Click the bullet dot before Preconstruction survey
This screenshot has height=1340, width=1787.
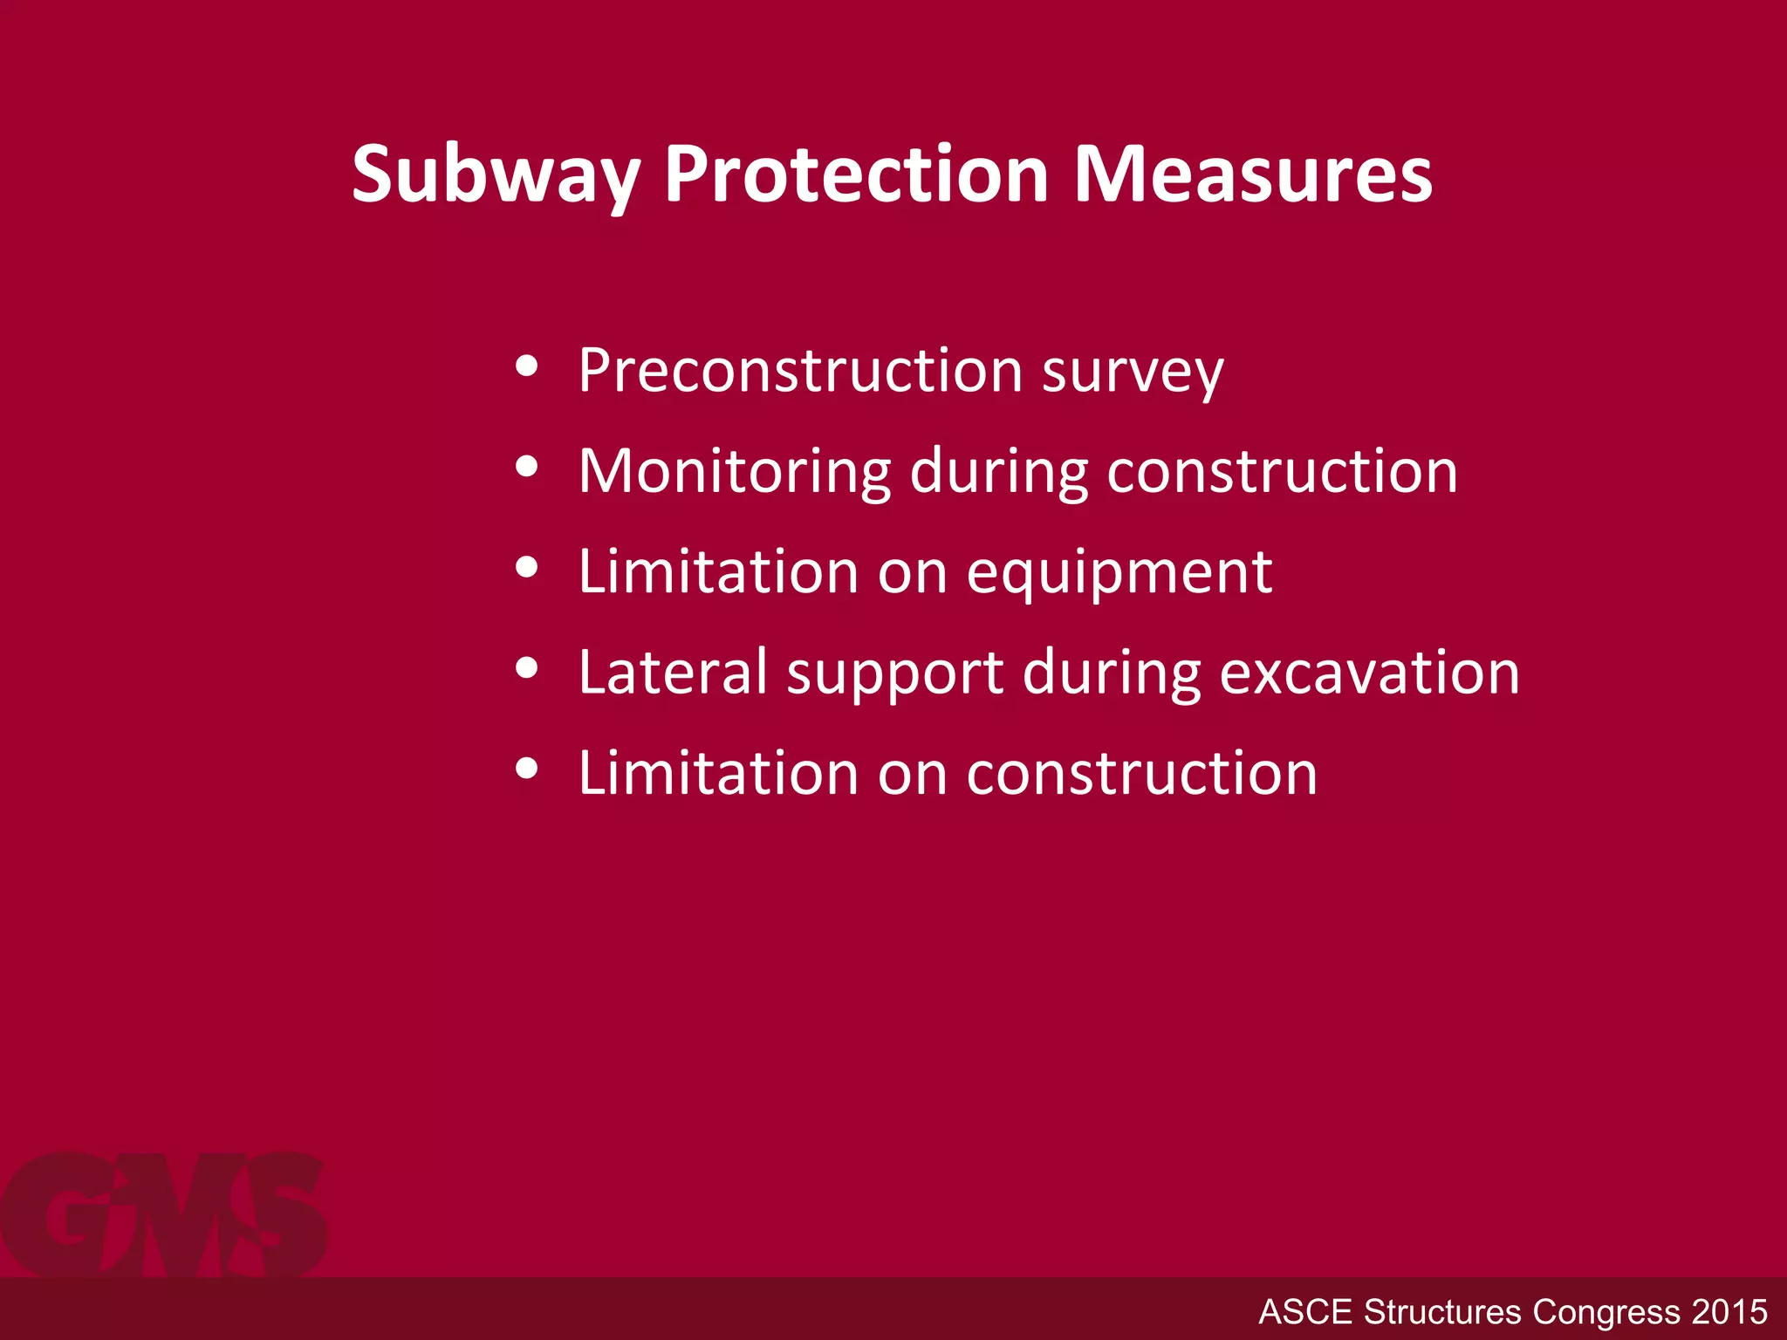pyautogui.click(x=526, y=366)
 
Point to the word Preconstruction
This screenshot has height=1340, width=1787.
pyautogui.click(x=799, y=372)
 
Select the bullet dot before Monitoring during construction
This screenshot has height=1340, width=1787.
pyautogui.click(x=526, y=467)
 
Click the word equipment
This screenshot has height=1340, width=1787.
pyautogui.click(x=1119, y=576)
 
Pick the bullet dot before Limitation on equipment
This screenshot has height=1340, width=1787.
pyautogui.click(x=526, y=568)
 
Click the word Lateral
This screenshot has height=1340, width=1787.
pyautogui.click(x=672, y=673)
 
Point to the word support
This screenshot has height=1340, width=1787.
pyautogui.click(x=894, y=677)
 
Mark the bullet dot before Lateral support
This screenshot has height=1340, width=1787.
pyautogui.click(x=526, y=668)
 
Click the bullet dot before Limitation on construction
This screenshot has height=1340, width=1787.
pyautogui.click(x=526, y=769)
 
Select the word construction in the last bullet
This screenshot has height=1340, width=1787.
pyautogui.click(x=1141, y=775)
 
